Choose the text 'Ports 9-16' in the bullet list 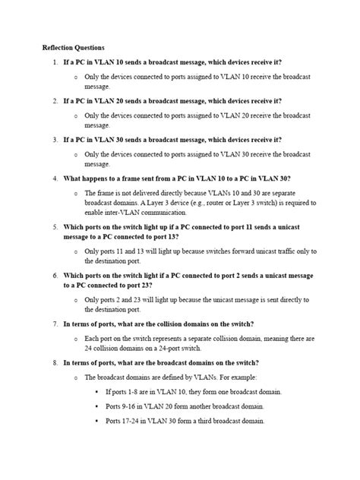point(124,406)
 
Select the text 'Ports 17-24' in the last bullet point(126,420)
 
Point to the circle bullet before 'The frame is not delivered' point(76,193)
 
